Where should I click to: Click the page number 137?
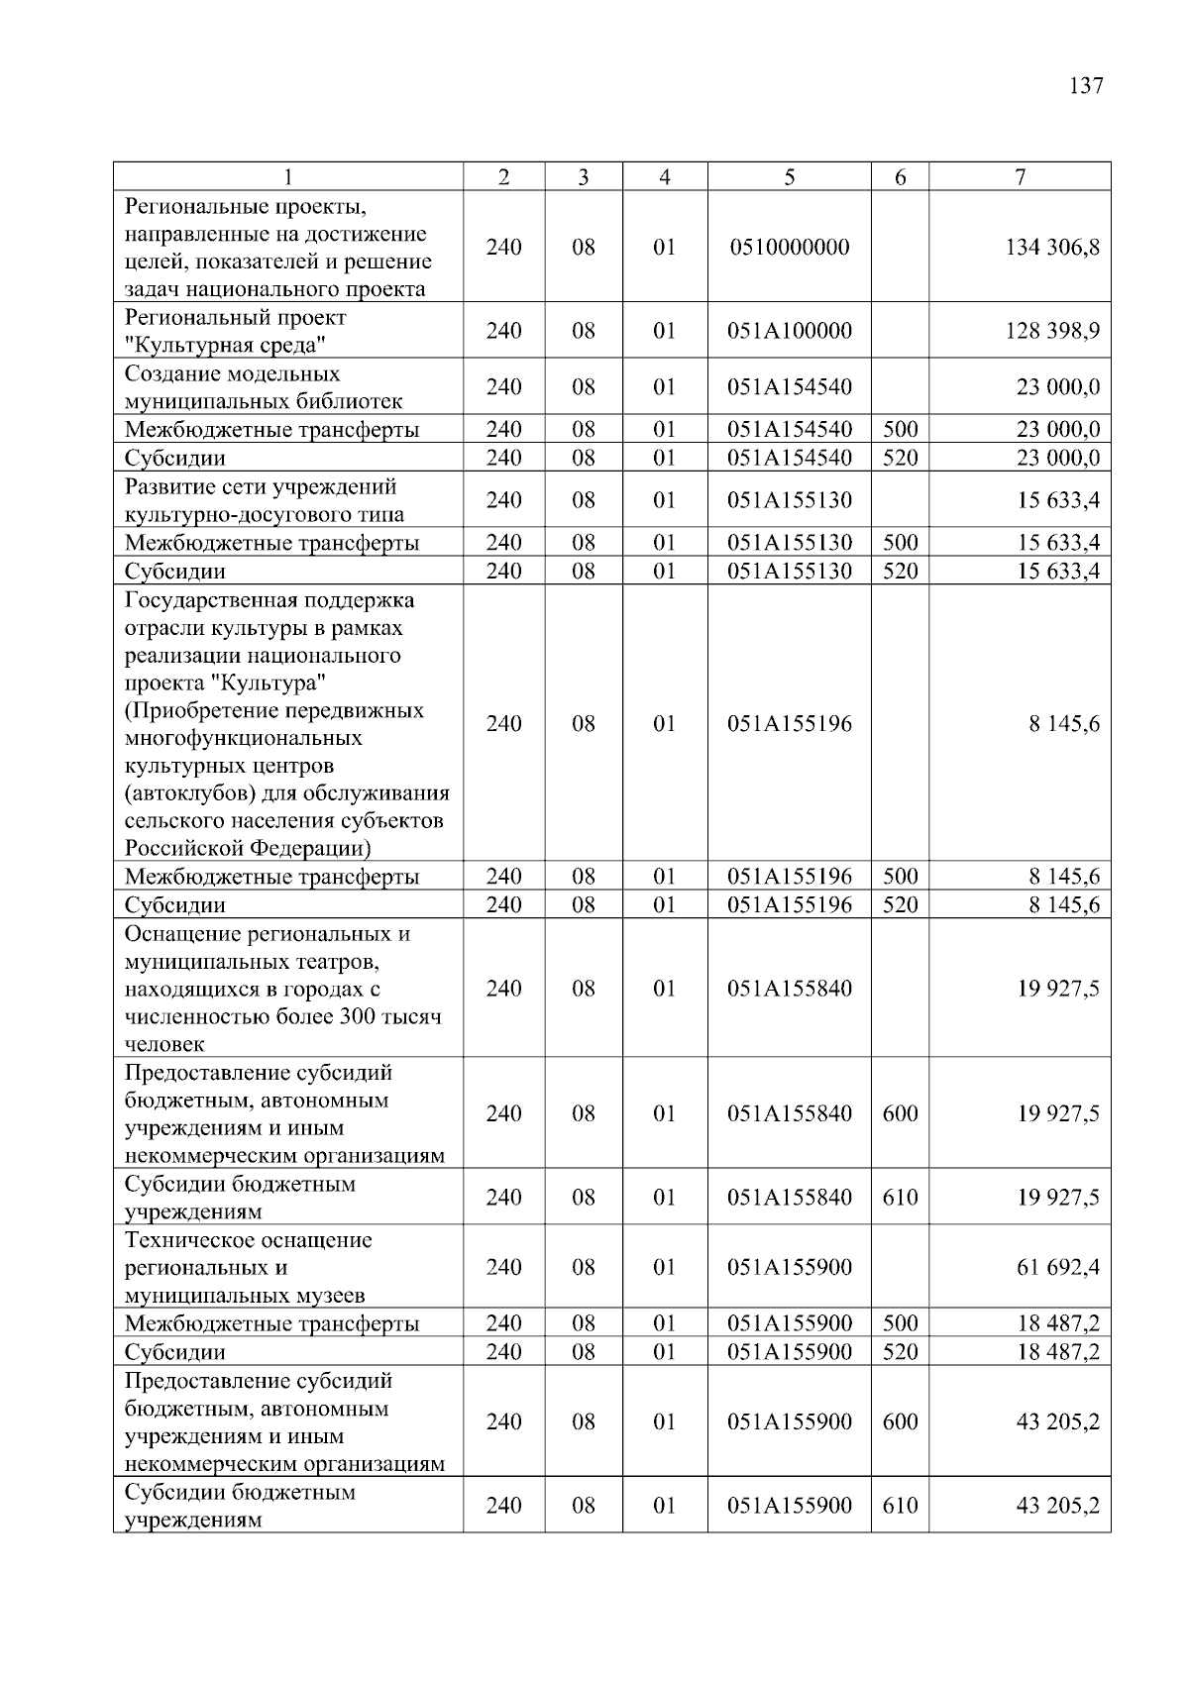pyautogui.click(x=1086, y=85)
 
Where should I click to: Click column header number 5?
pyautogui.click(x=789, y=177)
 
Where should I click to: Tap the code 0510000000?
pyautogui.click(x=789, y=247)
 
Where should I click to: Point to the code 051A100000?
pyautogui.click(x=789, y=331)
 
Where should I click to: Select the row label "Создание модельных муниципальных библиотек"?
pyautogui.click(x=264, y=387)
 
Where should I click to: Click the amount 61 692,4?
pyautogui.click(x=1058, y=1267)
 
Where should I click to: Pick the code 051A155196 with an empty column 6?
pyautogui.click(x=789, y=724)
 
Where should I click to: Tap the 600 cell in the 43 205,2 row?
pyautogui.click(x=900, y=1421)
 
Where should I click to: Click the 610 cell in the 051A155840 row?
pyautogui.click(x=900, y=1198)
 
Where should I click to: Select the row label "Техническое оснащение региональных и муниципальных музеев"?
pyautogui.click(x=248, y=1268)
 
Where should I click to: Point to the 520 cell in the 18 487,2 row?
pyautogui.click(x=900, y=1352)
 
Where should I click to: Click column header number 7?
pyautogui.click(x=1020, y=177)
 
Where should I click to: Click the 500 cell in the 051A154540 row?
pyautogui.click(x=900, y=430)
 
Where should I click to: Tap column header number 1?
pyautogui.click(x=287, y=177)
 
